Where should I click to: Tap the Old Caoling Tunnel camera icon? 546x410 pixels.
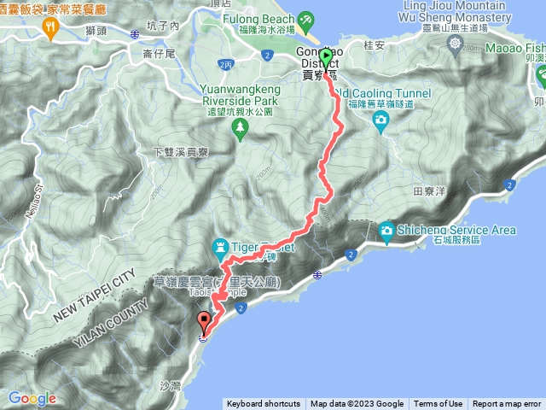[x=380, y=119]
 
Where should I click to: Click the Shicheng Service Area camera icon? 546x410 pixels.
[x=386, y=230]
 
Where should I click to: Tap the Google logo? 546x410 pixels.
[x=32, y=398]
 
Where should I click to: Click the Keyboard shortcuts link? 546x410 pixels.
[x=263, y=404]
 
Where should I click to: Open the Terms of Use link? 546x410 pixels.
[x=439, y=404]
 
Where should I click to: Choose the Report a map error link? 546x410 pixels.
[x=507, y=404]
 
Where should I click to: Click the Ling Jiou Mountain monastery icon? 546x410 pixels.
[x=455, y=43]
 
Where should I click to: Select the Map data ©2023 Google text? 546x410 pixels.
[x=357, y=404]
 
